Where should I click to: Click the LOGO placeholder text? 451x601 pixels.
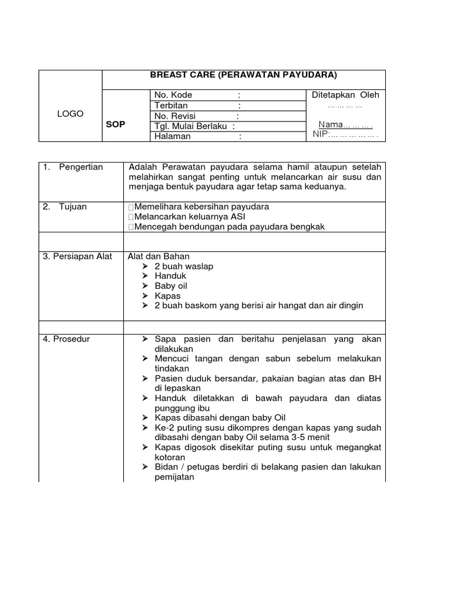click(x=70, y=114)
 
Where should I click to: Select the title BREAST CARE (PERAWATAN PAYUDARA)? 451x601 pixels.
click(x=244, y=75)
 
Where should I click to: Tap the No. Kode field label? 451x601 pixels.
click(x=173, y=95)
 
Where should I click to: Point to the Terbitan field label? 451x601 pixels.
click(x=171, y=105)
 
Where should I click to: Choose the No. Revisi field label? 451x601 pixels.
click(x=174, y=116)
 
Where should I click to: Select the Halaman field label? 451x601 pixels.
click(x=172, y=136)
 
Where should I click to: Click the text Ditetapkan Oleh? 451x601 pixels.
click(x=345, y=95)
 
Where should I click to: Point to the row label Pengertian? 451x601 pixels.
click(x=80, y=167)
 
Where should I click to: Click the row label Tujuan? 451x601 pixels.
click(x=73, y=207)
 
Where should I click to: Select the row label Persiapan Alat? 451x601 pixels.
click(x=78, y=256)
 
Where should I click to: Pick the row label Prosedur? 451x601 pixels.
click(x=66, y=339)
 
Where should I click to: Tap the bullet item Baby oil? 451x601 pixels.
click(x=171, y=286)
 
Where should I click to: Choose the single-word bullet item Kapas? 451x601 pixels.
click(x=167, y=296)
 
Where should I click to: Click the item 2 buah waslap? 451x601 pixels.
click(x=184, y=266)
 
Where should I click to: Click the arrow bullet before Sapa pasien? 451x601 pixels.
click(x=146, y=339)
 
